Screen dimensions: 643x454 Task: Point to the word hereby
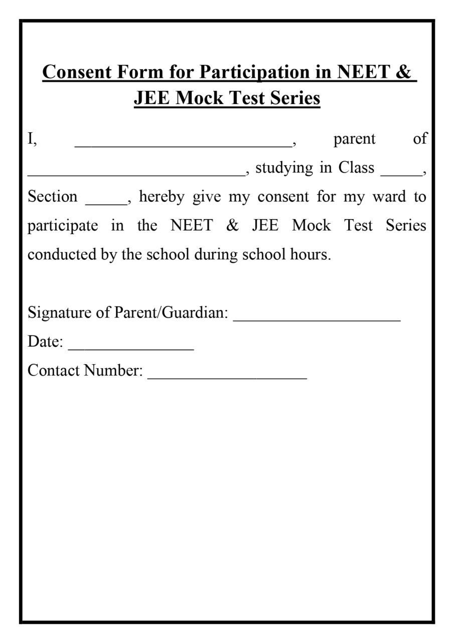[162, 196]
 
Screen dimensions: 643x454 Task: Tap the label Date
[45, 342]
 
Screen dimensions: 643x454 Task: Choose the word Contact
[54, 371]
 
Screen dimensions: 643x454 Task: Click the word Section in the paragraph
[53, 196]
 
